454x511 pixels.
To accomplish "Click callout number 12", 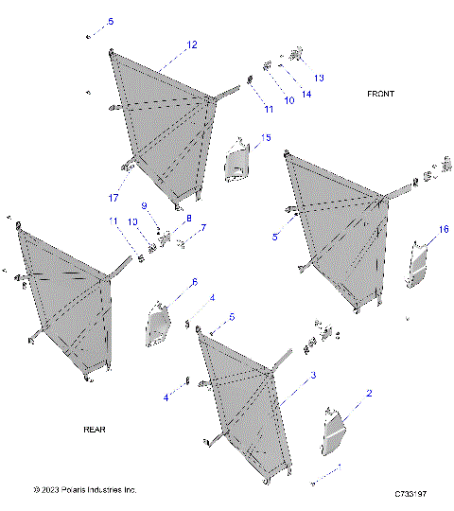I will (192, 44).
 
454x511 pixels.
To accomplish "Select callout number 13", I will (319, 77).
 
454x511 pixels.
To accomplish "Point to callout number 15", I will (266, 138).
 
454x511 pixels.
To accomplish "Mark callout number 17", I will (113, 198).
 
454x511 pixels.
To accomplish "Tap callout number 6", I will (194, 282).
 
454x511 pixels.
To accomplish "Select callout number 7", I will (201, 228).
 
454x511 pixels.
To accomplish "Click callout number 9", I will (145, 205).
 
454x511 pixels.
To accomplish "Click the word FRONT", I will (381, 94).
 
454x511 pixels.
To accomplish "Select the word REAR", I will (95, 429).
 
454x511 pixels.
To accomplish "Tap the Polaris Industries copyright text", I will (85, 489).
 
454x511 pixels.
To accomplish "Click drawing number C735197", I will (411, 494).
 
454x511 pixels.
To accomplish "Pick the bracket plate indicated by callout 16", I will (416, 266).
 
